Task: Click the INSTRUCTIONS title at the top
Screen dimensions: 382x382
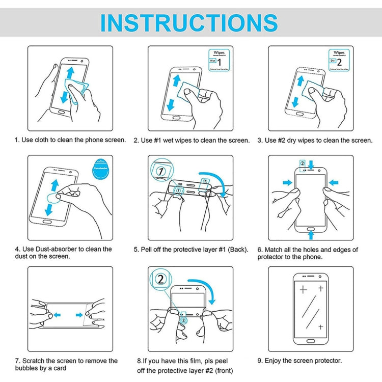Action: coord(189,23)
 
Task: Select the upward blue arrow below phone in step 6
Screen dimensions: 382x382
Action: coord(311,234)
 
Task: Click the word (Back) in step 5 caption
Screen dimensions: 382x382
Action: coord(238,250)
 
